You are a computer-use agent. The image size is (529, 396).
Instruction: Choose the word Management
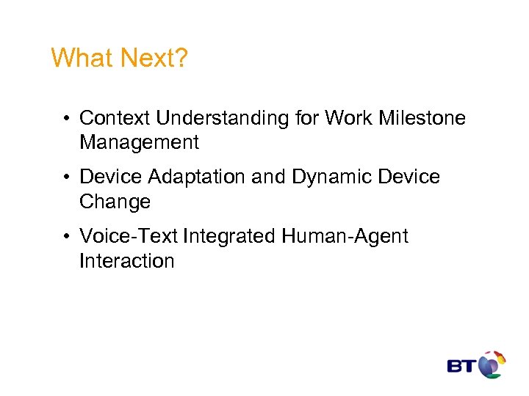139,142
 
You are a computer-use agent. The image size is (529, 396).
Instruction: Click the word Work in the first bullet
349,118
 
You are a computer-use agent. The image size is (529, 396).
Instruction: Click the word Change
115,202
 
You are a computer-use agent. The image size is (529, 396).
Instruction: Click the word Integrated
230,237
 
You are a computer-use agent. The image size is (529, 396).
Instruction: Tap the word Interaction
126,261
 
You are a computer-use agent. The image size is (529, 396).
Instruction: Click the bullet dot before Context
67,119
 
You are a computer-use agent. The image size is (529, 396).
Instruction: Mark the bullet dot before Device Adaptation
67,178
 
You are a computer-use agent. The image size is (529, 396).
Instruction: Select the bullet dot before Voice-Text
67,238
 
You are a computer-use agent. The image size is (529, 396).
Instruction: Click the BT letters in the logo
461,366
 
